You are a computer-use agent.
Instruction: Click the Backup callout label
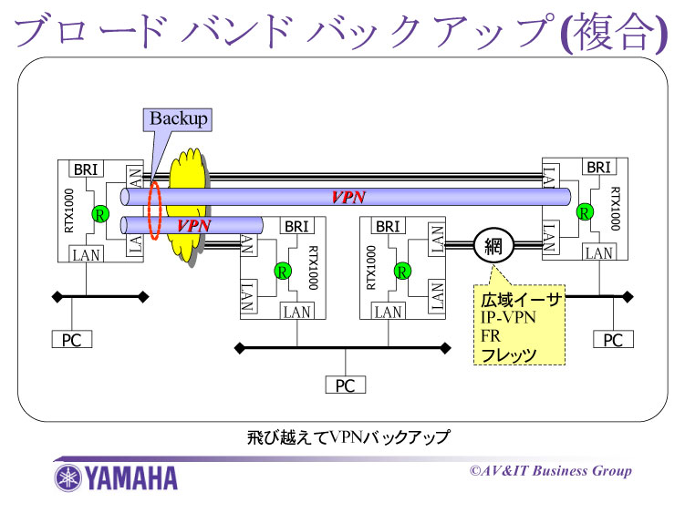[179, 118]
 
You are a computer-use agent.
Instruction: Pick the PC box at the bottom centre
[345, 385]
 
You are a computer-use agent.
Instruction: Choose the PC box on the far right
[613, 340]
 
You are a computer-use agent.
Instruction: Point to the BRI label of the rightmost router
[598, 168]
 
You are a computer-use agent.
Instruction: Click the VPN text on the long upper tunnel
[348, 198]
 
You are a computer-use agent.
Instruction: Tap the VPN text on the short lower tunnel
[193, 224]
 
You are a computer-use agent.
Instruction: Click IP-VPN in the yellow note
[508, 318]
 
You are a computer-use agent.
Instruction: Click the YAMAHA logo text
[133, 477]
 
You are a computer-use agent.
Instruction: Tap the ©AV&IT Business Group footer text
[550, 471]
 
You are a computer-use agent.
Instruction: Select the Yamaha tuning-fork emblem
[69, 477]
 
